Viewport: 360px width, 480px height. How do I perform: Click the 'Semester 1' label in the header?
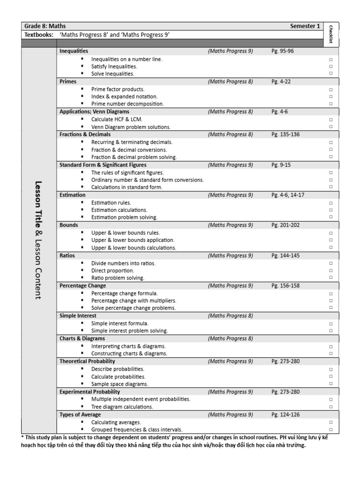pyautogui.click(x=305, y=26)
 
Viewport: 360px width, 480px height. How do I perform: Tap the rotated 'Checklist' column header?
pyautogui.click(x=331, y=34)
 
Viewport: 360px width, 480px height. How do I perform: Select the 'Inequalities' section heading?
pyautogui.click(x=74, y=51)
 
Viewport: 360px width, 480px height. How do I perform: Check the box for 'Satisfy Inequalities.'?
pyautogui.click(x=330, y=67)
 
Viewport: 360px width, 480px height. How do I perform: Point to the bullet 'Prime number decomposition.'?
pyautogui.click(x=127, y=104)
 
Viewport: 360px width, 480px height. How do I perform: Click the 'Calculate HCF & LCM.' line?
pyautogui.click(x=117, y=120)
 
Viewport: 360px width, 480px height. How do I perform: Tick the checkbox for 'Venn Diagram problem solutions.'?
pyautogui.click(x=330, y=127)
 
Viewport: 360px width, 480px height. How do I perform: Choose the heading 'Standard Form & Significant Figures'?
pyautogui.click(x=103, y=165)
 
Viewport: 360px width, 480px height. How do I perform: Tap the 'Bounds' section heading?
pyautogui.click(x=69, y=225)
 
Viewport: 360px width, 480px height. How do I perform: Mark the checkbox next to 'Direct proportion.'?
pyautogui.click(x=330, y=271)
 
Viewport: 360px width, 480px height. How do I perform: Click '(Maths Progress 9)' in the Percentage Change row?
pyautogui.click(x=230, y=285)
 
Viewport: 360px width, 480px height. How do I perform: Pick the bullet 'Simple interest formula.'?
pyautogui.click(x=120, y=323)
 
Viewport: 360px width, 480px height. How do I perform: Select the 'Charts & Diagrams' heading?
pyautogui.click(x=82, y=338)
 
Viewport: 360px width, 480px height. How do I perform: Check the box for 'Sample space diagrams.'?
pyautogui.click(x=330, y=384)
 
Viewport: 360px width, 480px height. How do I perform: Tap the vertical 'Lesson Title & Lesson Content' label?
pyautogui.click(x=38, y=240)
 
